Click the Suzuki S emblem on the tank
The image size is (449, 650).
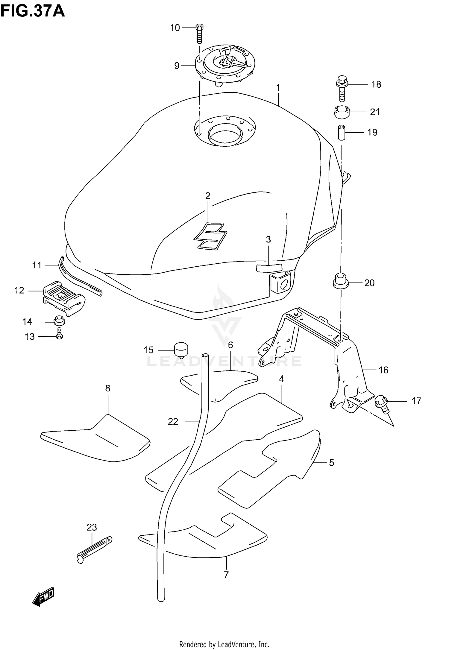209,236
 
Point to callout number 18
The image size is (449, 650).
376,85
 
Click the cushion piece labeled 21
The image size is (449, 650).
342,112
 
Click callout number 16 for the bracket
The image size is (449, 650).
383,370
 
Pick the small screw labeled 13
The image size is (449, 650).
60,333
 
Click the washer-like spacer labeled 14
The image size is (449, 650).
59,321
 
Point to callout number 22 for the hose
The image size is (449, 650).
173,422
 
